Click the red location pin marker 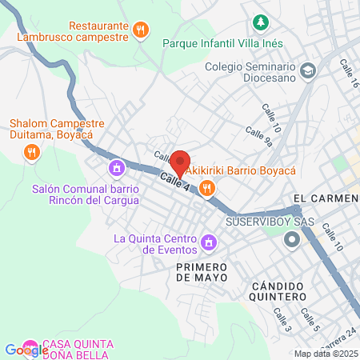(180, 163)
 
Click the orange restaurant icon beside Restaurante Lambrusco (141, 30)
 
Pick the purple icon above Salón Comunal (117, 168)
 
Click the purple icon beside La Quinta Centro (210, 242)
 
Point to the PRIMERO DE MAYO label (202, 271)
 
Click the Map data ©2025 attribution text (326, 354)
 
